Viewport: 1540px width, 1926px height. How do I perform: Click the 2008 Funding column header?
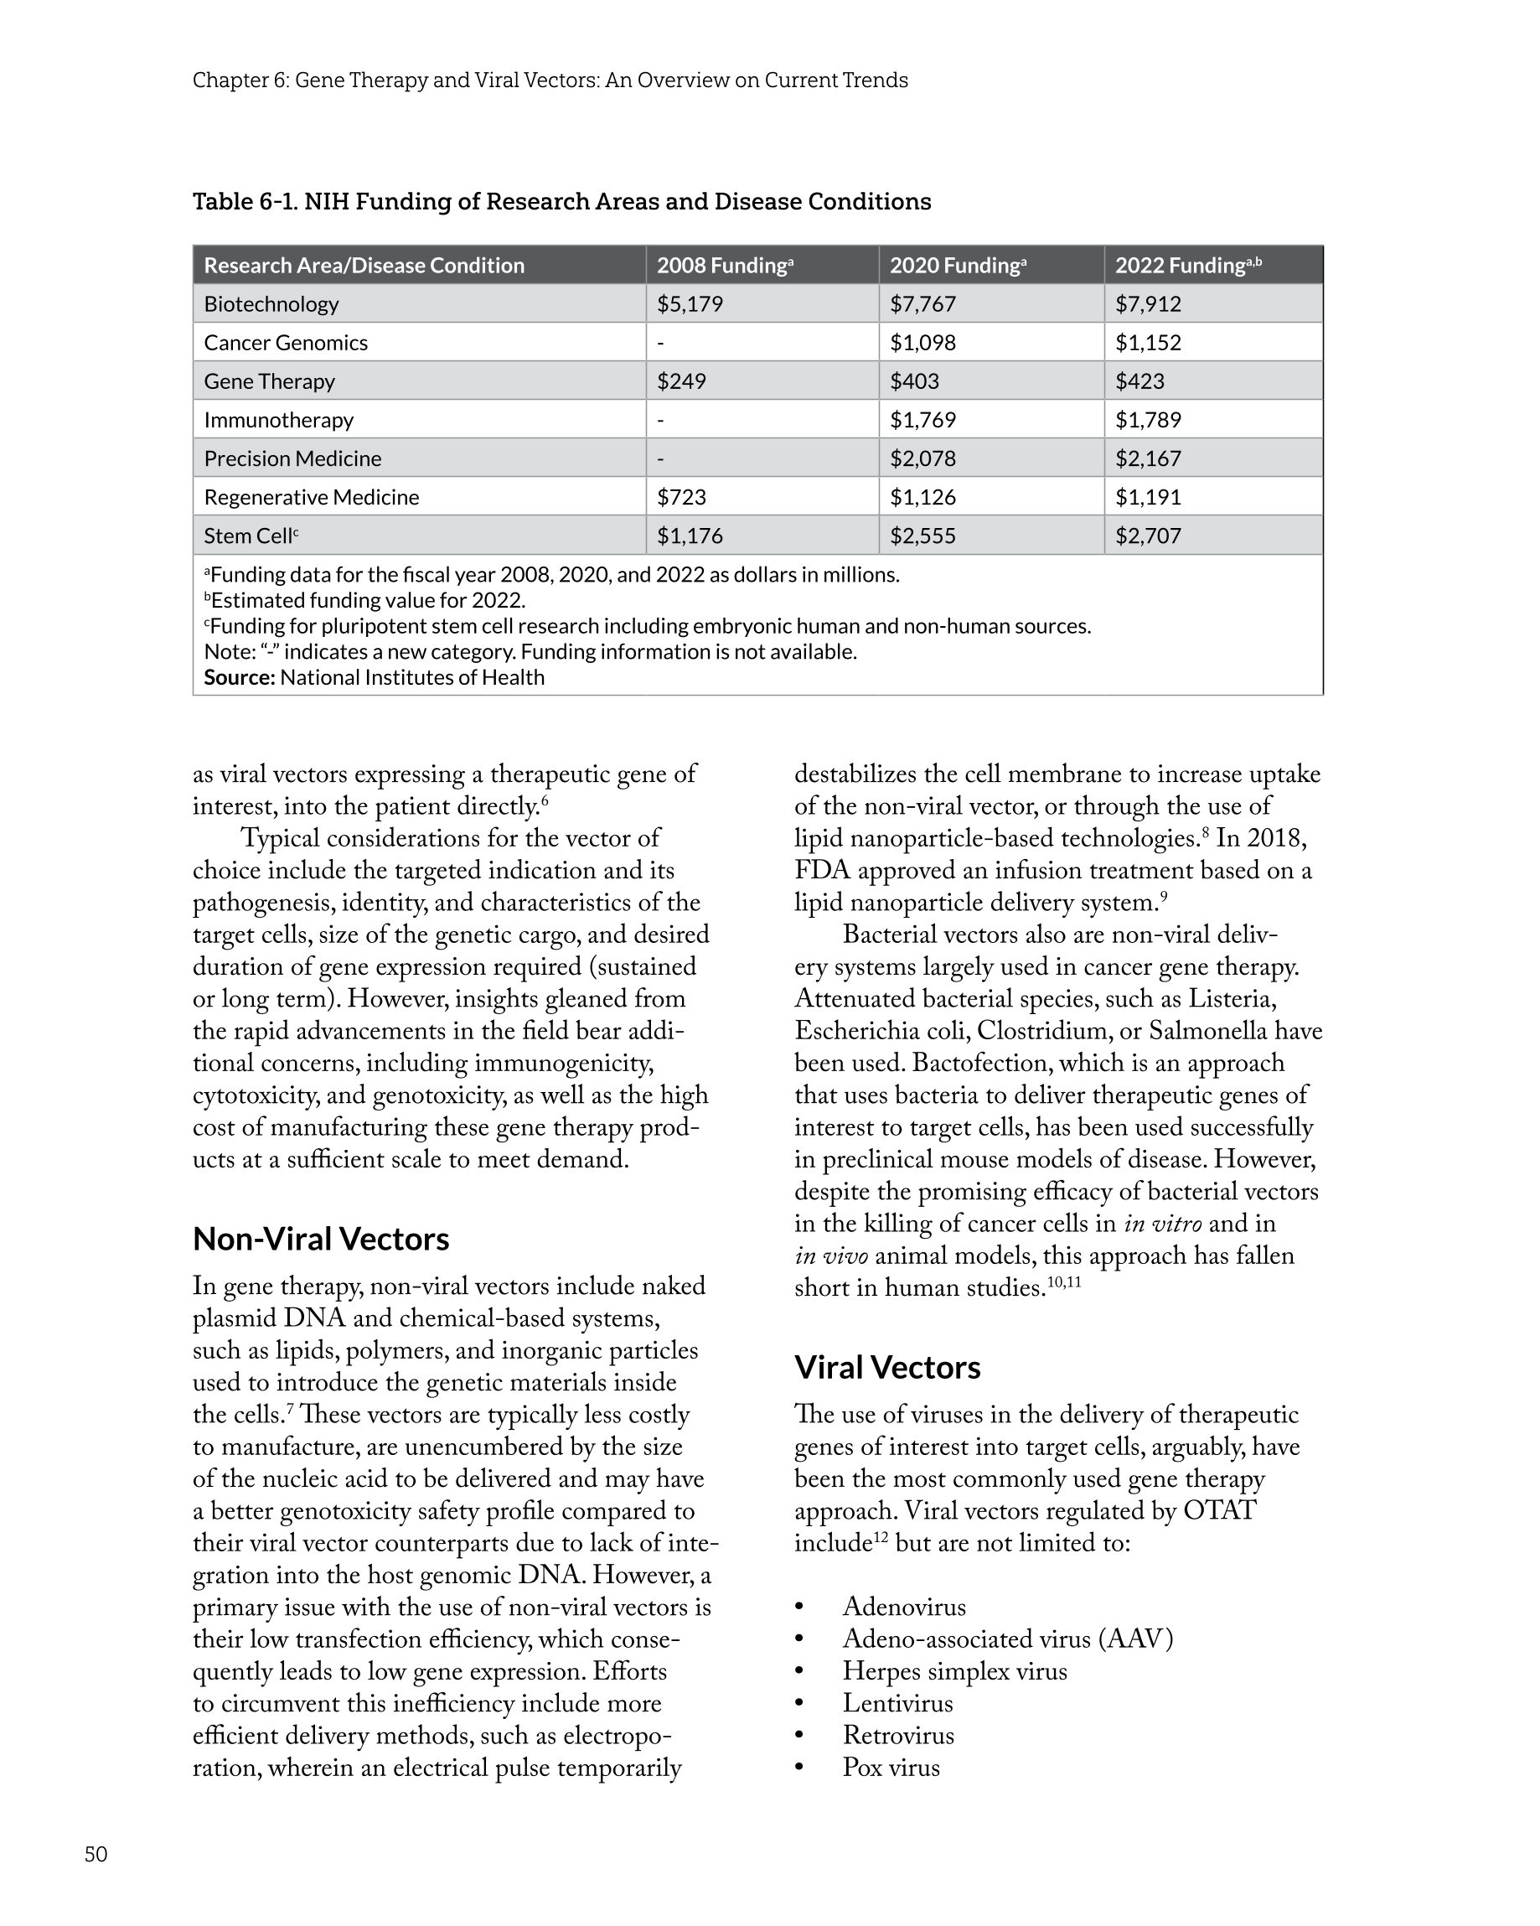[x=725, y=266]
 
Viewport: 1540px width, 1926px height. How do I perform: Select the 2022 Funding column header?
[x=1187, y=266]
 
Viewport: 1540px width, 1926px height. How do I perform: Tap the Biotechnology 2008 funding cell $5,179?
[x=690, y=303]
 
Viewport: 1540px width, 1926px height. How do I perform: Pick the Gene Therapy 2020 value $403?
[x=914, y=381]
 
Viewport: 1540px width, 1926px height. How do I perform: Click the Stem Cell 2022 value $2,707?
[x=1148, y=536]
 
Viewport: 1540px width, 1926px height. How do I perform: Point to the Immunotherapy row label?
[x=279, y=420]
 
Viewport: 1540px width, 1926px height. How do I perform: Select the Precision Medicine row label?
[x=292, y=458]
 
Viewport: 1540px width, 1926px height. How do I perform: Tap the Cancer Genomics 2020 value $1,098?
[x=922, y=342]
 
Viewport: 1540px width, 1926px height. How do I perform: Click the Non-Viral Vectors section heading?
[x=321, y=1239]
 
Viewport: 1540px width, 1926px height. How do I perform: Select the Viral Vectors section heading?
[x=887, y=1367]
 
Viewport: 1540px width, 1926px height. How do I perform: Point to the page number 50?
[x=96, y=1855]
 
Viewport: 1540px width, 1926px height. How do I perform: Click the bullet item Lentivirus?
[x=897, y=1704]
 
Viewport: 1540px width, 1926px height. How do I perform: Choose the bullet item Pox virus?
[x=891, y=1768]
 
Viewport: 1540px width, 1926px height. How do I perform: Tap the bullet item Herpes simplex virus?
[x=954, y=1671]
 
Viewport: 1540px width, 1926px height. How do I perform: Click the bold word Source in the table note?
[x=239, y=677]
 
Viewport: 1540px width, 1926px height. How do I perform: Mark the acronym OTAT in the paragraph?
[x=1219, y=1510]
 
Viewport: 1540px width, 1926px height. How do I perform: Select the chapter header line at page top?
[x=550, y=80]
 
